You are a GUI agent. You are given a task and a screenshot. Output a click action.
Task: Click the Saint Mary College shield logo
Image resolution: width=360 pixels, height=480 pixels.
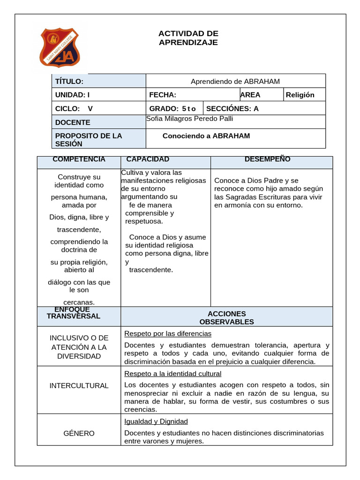[x=59, y=48]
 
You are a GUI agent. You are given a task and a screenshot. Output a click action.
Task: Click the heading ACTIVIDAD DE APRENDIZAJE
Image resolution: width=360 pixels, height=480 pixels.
[x=188, y=38]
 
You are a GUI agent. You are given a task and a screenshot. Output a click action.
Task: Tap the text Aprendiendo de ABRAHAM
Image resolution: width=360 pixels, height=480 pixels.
[x=235, y=82]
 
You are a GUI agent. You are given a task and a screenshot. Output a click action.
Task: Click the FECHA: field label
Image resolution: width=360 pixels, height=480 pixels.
[x=163, y=95]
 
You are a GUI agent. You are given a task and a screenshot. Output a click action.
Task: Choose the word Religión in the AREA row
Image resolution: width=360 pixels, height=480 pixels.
[x=300, y=95]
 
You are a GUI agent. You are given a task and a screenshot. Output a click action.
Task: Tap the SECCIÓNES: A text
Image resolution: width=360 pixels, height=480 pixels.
[x=232, y=109]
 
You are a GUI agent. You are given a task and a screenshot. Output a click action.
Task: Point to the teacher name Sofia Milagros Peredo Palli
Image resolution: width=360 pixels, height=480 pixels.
[x=190, y=119]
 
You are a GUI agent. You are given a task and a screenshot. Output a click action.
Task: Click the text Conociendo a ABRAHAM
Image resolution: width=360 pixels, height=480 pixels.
[x=206, y=136]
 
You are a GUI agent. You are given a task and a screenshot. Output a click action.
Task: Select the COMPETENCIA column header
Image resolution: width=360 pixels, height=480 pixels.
[x=79, y=159]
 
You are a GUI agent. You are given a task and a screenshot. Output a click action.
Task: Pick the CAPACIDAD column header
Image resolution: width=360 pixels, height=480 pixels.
[x=148, y=159]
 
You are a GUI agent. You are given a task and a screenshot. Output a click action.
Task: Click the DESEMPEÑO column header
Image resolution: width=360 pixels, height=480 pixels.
[x=268, y=159]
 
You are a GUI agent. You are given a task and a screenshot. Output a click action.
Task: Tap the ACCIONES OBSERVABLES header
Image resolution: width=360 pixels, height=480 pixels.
[x=226, y=318]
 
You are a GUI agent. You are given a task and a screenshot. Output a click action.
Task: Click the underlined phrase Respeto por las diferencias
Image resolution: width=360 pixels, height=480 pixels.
[x=168, y=334]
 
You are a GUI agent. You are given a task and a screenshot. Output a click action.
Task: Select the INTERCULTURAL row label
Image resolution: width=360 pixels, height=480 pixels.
[x=79, y=386]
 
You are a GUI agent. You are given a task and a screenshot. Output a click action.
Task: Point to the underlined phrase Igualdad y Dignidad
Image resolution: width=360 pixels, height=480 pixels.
[x=156, y=421]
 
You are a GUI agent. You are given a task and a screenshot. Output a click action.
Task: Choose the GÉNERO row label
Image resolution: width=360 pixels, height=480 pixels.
[x=79, y=434]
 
